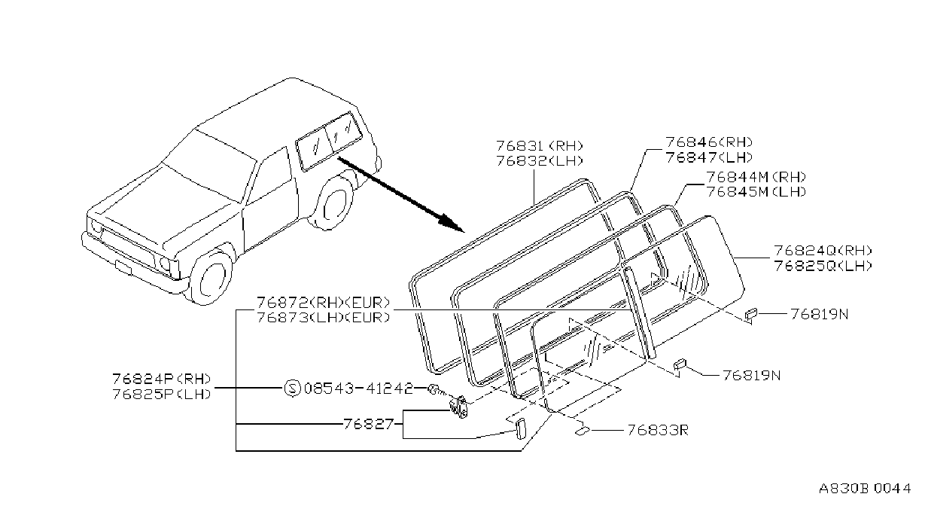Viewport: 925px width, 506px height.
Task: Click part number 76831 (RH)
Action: point(540,145)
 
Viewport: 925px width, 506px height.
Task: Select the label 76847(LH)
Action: point(709,157)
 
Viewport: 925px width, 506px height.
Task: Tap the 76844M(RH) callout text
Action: point(756,177)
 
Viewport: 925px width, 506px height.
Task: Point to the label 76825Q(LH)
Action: point(823,266)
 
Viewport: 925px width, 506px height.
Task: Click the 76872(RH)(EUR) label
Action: point(324,303)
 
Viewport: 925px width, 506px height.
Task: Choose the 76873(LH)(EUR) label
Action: point(324,318)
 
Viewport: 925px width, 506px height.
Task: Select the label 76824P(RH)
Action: point(162,379)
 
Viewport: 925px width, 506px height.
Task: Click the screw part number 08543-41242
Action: point(358,389)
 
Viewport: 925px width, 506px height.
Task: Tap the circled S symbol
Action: point(292,389)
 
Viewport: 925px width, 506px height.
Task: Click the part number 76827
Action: point(368,424)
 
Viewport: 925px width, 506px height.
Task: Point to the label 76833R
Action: point(658,431)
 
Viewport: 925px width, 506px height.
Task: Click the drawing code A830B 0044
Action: point(865,489)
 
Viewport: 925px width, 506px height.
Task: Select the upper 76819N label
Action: point(820,314)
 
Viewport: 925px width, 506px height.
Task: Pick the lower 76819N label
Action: point(752,376)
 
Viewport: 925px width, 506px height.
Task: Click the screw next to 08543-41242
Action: point(435,389)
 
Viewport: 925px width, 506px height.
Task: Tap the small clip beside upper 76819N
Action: point(750,314)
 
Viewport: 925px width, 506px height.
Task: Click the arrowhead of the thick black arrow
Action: point(452,222)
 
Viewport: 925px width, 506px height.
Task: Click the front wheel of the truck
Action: point(210,277)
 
